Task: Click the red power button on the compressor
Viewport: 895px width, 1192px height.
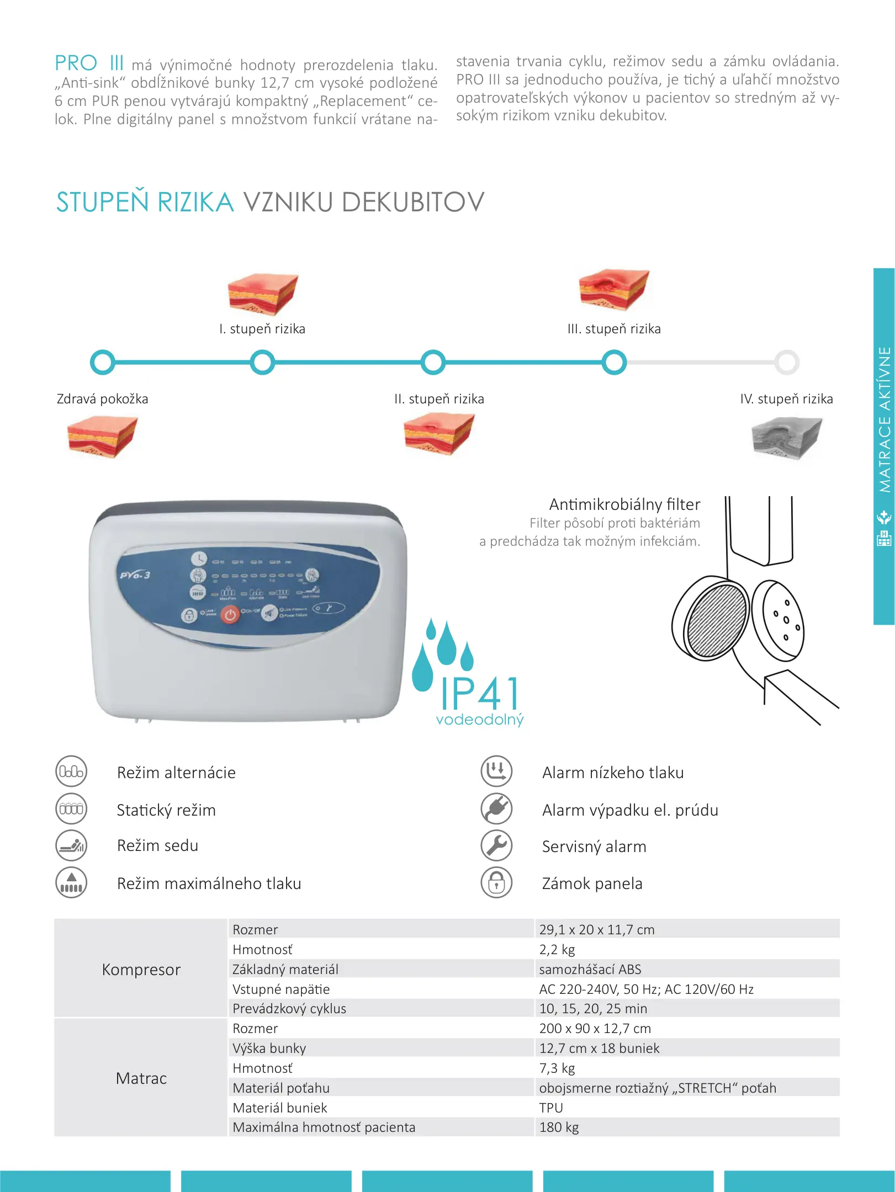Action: click(x=230, y=614)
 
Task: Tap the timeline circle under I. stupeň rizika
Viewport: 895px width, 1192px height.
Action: click(x=262, y=363)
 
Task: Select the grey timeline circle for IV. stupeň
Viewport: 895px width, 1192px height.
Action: click(x=787, y=363)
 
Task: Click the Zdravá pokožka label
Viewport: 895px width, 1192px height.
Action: click(x=102, y=399)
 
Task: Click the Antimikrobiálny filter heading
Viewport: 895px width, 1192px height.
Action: click(x=624, y=504)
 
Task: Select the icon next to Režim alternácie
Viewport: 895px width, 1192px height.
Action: click(x=71, y=771)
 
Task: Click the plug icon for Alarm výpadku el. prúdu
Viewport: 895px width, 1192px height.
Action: click(x=496, y=809)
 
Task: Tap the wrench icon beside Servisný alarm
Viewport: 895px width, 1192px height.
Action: click(x=496, y=845)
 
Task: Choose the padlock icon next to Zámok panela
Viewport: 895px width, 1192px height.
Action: click(x=496, y=882)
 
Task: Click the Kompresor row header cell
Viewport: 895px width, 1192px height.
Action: click(x=141, y=970)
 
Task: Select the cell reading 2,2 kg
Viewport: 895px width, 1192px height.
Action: click(x=557, y=950)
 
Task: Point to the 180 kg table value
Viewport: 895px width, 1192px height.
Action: click(x=559, y=1127)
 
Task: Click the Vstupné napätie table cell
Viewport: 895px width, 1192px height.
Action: click(x=281, y=989)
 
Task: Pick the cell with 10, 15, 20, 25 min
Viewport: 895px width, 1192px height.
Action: click(x=593, y=1009)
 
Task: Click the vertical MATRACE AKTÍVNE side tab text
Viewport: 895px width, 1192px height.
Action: click(x=885, y=419)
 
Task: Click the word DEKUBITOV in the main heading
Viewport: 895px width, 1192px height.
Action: click(x=412, y=203)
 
